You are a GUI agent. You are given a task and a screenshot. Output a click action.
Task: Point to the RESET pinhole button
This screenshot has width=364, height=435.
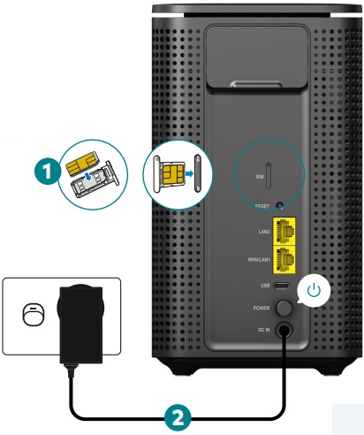[280, 205]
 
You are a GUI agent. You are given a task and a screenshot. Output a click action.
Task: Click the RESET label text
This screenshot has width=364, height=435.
[262, 205]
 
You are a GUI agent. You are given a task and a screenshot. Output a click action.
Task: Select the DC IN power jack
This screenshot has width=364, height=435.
[284, 332]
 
